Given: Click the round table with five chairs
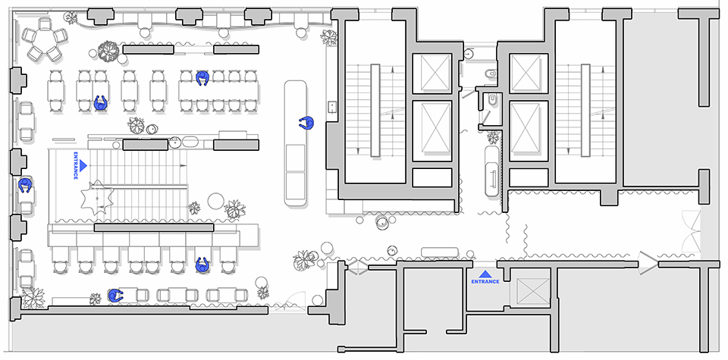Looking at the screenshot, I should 45,43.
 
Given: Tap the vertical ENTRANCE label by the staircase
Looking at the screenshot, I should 75,166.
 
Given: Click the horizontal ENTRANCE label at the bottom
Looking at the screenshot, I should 485,282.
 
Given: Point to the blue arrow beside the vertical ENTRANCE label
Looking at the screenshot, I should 84,164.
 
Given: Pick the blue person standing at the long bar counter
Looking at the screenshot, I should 306,124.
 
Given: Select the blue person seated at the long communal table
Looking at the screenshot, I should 202,78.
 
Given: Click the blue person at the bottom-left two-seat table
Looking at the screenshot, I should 115,296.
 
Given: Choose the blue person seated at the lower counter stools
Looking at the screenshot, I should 202,265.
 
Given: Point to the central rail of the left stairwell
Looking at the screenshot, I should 375,110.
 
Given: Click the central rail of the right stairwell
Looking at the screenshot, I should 585,110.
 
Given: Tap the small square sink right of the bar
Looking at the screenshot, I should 331,106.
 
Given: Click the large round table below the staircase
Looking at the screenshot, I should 215,201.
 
